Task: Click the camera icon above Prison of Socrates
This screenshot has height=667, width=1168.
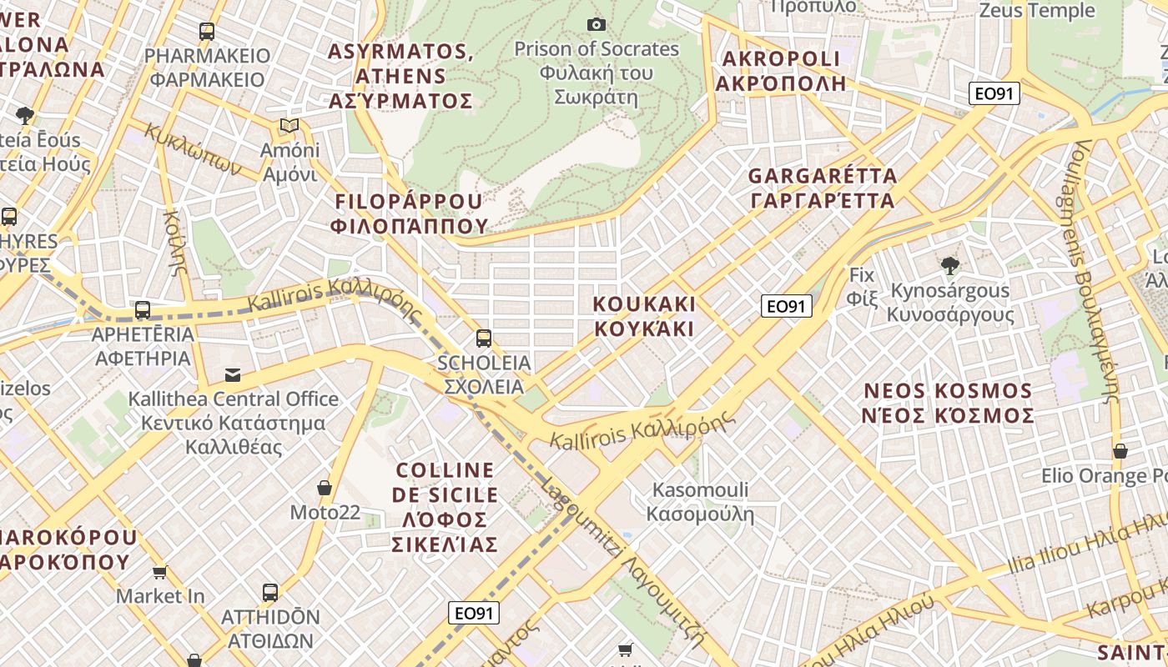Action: pyautogui.click(x=596, y=24)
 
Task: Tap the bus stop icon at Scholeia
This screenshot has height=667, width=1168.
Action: pyautogui.click(x=484, y=338)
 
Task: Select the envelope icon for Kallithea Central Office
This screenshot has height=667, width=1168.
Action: pyautogui.click(x=233, y=375)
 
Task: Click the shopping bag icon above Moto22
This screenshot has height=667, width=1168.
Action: pyautogui.click(x=325, y=488)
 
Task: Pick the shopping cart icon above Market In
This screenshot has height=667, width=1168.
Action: pyautogui.click(x=159, y=572)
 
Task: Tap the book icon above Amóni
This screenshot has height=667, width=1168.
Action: pyautogui.click(x=289, y=126)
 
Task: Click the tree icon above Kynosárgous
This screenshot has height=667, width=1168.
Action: pyautogui.click(x=949, y=266)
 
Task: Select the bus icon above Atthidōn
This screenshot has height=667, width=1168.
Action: pyautogui.click(x=270, y=593)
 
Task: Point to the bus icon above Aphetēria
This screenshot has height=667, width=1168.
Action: pyautogui.click(x=143, y=310)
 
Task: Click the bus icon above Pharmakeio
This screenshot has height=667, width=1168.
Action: pyautogui.click(x=207, y=32)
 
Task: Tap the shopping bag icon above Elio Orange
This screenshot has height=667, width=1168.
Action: pyautogui.click(x=1120, y=451)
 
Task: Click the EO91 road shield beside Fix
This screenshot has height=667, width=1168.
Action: pyautogui.click(x=787, y=306)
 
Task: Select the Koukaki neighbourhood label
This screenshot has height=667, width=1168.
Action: pyautogui.click(x=644, y=315)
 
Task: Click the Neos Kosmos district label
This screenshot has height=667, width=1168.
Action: pyautogui.click(x=949, y=403)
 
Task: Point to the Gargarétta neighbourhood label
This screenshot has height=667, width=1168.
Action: pyautogui.click(x=823, y=188)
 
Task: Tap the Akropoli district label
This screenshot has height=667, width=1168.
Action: pyautogui.click(x=781, y=71)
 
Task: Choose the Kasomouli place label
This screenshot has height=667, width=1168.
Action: pyautogui.click(x=701, y=502)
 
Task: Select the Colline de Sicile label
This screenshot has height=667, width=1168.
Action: pyautogui.click(x=446, y=507)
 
